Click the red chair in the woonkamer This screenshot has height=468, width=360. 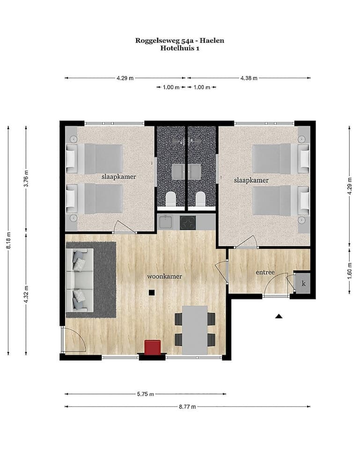(152, 347)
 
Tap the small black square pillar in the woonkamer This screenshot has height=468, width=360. (152, 293)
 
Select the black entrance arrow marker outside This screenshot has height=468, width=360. (279, 316)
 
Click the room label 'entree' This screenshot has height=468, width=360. (264, 272)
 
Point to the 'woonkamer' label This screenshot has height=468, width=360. (164, 276)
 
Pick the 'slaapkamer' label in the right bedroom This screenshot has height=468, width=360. (251, 180)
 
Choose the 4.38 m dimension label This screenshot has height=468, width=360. (249, 78)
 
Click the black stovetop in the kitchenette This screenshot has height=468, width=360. (188, 222)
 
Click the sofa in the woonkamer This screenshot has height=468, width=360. (80, 279)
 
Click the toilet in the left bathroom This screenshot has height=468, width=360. (171, 199)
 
